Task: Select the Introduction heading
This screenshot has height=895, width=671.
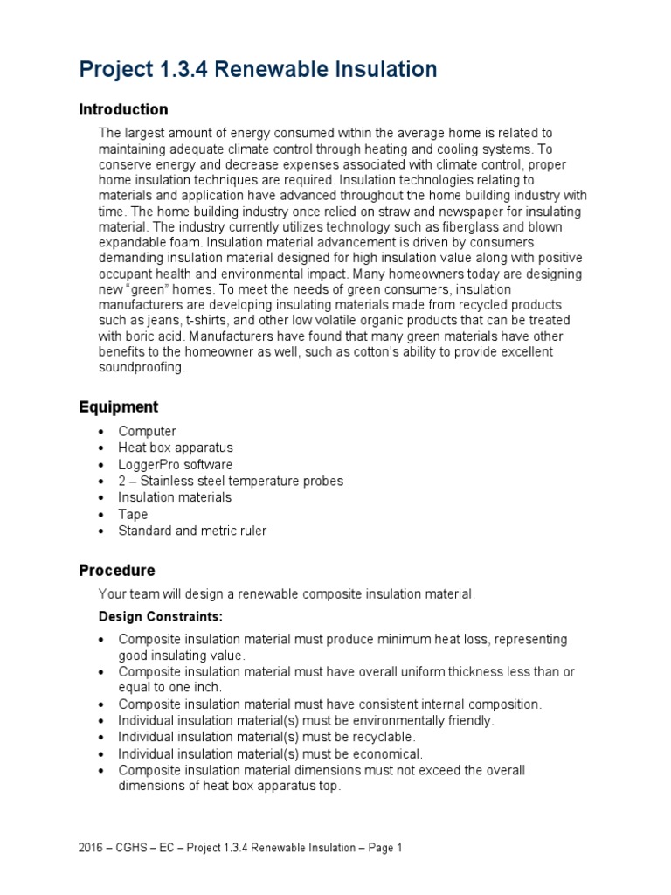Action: pyautogui.click(x=123, y=110)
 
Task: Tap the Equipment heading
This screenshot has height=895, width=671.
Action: pyautogui.click(x=119, y=407)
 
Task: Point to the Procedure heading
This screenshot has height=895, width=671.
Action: pyautogui.click(x=117, y=571)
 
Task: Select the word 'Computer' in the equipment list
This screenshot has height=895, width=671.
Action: pyautogui.click(x=147, y=431)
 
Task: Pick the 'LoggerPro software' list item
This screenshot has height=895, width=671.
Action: pyautogui.click(x=176, y=464)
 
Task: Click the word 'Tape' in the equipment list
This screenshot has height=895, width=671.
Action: pyautogui.click(x=133, y=514)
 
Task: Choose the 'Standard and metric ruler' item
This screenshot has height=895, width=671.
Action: pyautogui.click(x=192, y=531)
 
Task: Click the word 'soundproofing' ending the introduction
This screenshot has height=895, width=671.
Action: pyautogui.click(x=142, y=368)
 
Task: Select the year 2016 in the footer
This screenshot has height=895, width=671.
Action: pyautogui.click(x=92, y=848)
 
